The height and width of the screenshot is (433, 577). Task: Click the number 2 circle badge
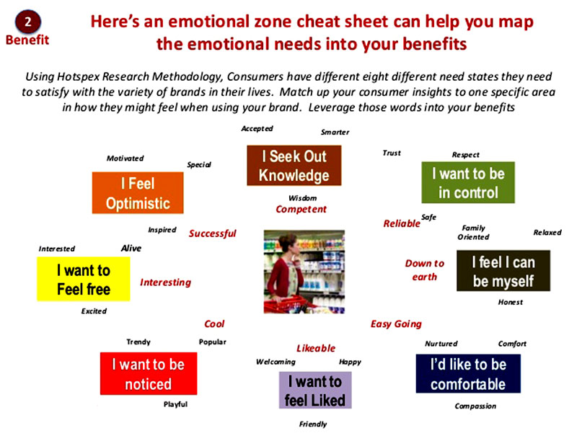(x=28, y=22)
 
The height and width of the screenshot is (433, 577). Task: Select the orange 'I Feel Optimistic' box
(x=138, y=192)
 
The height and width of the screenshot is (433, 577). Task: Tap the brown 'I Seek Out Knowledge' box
(x=294, y=166)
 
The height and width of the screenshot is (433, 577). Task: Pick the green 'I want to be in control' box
(x=468, y=182)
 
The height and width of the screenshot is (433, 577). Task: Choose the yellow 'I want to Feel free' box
(x=84, y=279)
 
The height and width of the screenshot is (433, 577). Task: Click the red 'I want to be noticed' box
(x=149, y=373)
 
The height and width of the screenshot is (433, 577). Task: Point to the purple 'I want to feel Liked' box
(x=315, y=390)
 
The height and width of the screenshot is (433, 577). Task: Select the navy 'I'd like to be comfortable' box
(x=468, y=373)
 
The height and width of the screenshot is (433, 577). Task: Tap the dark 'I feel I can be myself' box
(x=503, y=271)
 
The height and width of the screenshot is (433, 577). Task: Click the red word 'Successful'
(x=212, y=233)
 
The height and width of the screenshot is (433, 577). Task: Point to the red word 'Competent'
(x=301, y=209)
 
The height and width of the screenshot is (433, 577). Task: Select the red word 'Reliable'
(x=402, y=223)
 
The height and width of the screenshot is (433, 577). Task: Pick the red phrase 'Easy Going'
(x=396, y=323)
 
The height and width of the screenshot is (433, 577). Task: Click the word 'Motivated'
(x=125, y=159)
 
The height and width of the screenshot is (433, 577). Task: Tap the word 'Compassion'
(x=475, y=406)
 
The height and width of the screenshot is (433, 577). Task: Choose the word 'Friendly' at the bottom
(x=313, y=424)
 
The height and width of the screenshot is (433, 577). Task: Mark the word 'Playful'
(x=175, y=404)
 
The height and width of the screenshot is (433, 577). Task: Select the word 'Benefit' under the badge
(x=27, y=40)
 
